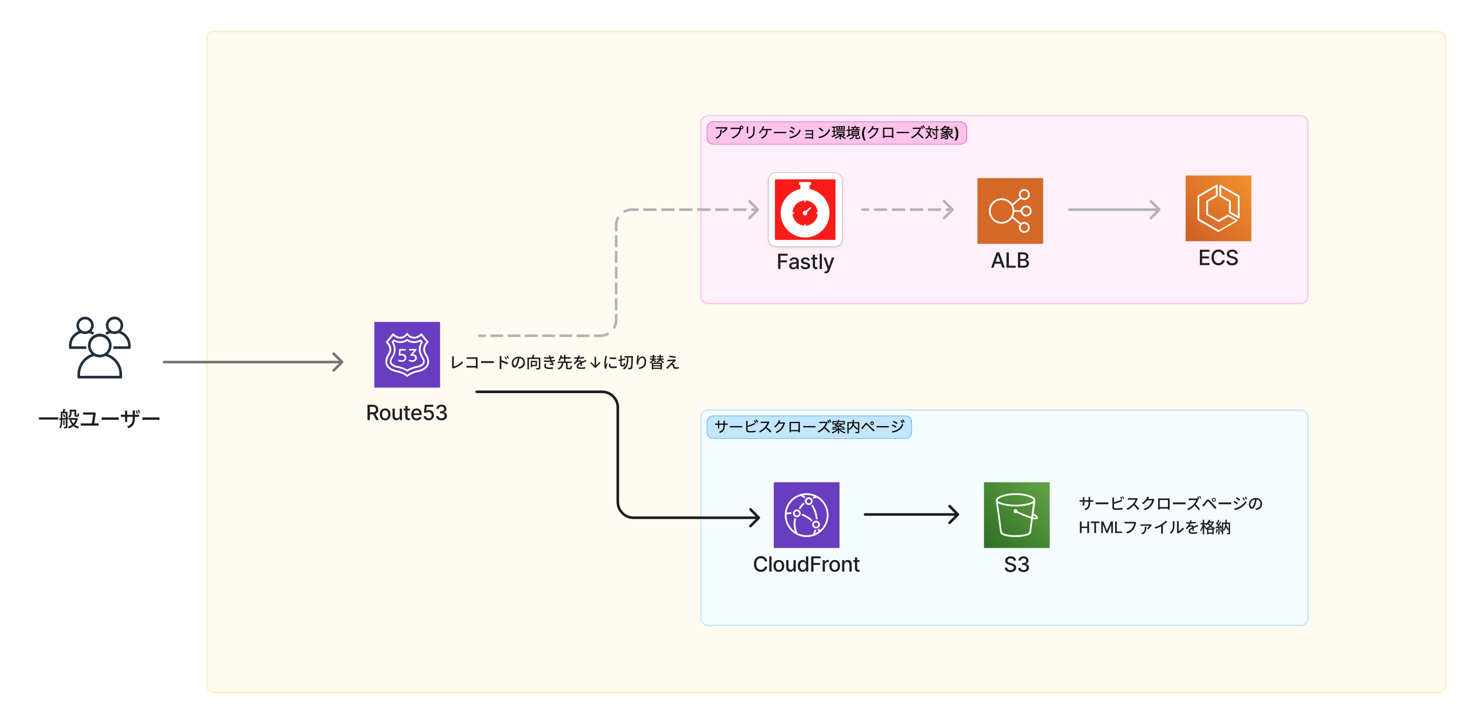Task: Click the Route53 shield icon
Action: click(x=407, y=354)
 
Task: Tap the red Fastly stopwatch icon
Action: click(x=805, y=209)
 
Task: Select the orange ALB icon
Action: click(x=1009, y=210)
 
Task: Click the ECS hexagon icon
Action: click(x=1218, y=208)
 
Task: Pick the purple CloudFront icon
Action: click(x=806, y=515)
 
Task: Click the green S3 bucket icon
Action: click(x=1016, y=515)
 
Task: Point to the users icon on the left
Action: click(x=100, y=348)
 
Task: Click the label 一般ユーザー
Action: click(x=99, y=419)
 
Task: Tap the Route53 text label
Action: click(x=406, y=413)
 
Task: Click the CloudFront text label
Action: click(x=806, y=564)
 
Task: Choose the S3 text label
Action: click(x=1016, y=564)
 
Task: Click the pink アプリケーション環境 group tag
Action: click(x=836, y=133)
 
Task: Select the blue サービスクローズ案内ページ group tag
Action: click(x=809, y=427)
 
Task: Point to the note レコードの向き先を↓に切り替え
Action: click(x=564, y=362)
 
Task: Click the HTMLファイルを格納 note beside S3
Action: click(x=1170, y=516)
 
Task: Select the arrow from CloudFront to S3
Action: click(x=911, y=515)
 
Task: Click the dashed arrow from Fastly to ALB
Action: click(x=907, y=209)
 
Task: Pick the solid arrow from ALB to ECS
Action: click(x=1113, y=209)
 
